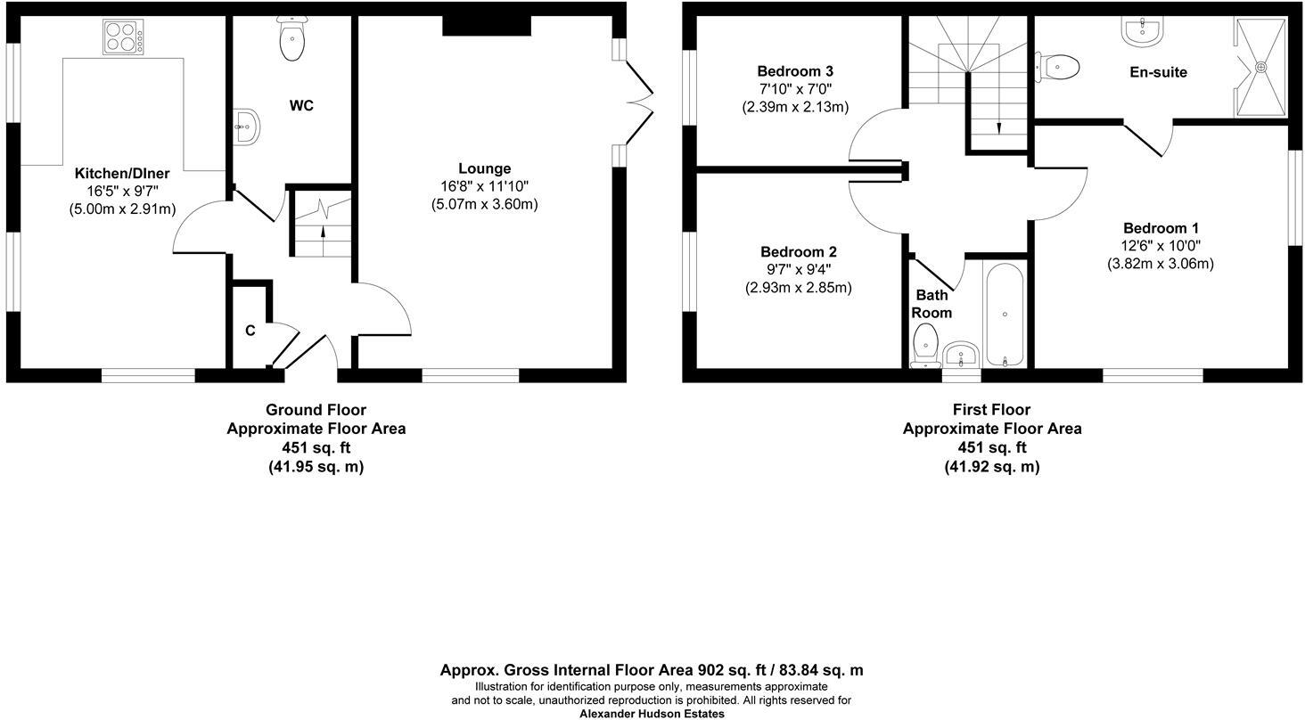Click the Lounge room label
[x=484, y=168]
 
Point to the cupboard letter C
[x=250, y=331]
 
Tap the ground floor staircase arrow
[x=323, y=235]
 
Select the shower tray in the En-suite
[x=1260, y=67]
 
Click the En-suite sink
[x=1141, y=32]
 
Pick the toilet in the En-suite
[x=1060, y=66]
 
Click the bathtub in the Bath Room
[x=1005, y=314]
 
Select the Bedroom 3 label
[x=794, y=71]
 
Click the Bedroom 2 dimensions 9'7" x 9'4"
[x=798, y=270]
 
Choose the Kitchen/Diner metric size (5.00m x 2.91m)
[x=122, y=209]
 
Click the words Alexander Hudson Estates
[x=652, y=714]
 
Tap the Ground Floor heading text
[x=316, y=410]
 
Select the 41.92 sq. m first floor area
[x=991, y=467]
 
